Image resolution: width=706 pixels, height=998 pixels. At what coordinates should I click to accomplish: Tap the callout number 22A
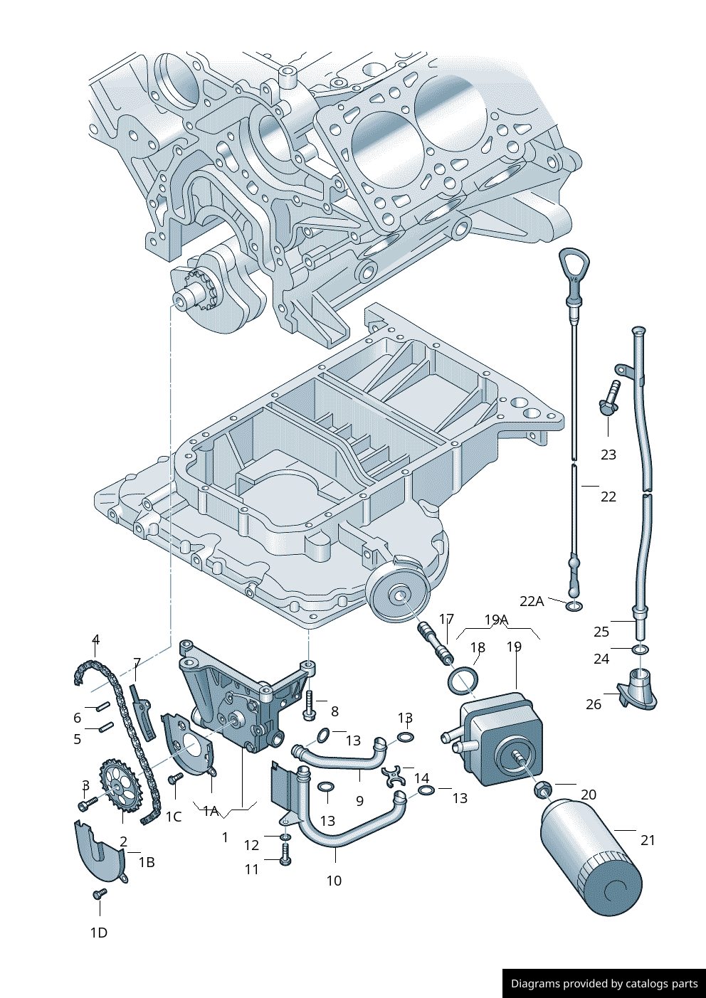pos(532,601)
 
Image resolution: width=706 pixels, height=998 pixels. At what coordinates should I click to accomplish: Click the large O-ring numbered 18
pos(463,680)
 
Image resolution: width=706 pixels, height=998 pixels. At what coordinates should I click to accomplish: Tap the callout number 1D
pos(98,933)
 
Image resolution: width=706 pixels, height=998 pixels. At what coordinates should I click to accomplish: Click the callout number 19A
pos(496,620)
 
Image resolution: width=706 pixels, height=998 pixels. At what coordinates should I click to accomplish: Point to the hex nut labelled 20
pos(542,790)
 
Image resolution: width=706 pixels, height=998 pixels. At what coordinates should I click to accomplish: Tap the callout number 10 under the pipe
pos(334,881)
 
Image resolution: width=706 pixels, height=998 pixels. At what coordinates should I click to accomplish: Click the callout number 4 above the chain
pos(95,639)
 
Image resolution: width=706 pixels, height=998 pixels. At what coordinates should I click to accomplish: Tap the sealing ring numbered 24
pos(641,649)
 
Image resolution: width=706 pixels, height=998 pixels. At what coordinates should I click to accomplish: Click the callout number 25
pos(601,632)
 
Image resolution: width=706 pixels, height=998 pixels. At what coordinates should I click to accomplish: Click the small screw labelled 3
pos(88,804)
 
